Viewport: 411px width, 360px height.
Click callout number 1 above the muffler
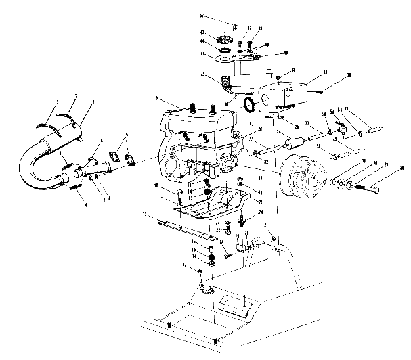(93, 102)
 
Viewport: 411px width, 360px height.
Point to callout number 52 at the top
(221, 15)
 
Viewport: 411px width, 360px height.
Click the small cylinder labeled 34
(294, 144)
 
